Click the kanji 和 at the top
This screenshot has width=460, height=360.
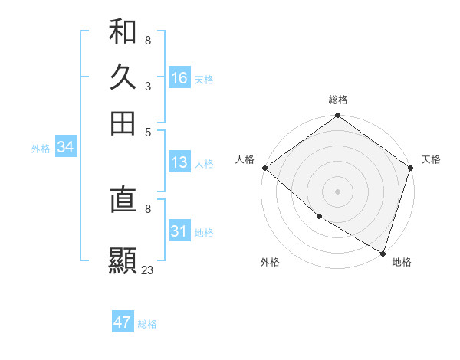[123, 31]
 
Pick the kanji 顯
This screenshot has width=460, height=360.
[123, 260]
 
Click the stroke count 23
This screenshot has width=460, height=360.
[147, 270]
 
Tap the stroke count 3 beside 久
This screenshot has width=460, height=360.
[147, 86]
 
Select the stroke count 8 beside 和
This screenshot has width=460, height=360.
[147, 40]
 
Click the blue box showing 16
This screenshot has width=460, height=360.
[179, 77]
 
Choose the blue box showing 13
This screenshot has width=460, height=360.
[179, 162]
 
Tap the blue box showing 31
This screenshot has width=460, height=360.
[179, 231]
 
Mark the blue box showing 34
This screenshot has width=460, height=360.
[65, 148]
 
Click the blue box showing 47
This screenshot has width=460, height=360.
[123, 322]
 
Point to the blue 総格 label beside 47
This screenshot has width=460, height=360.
[147, 324]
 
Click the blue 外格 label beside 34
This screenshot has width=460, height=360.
[41, 149]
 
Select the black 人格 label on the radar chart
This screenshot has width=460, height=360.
[245, 159]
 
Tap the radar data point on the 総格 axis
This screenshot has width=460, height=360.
[337, 116]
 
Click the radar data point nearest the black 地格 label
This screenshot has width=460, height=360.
[382, 252]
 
